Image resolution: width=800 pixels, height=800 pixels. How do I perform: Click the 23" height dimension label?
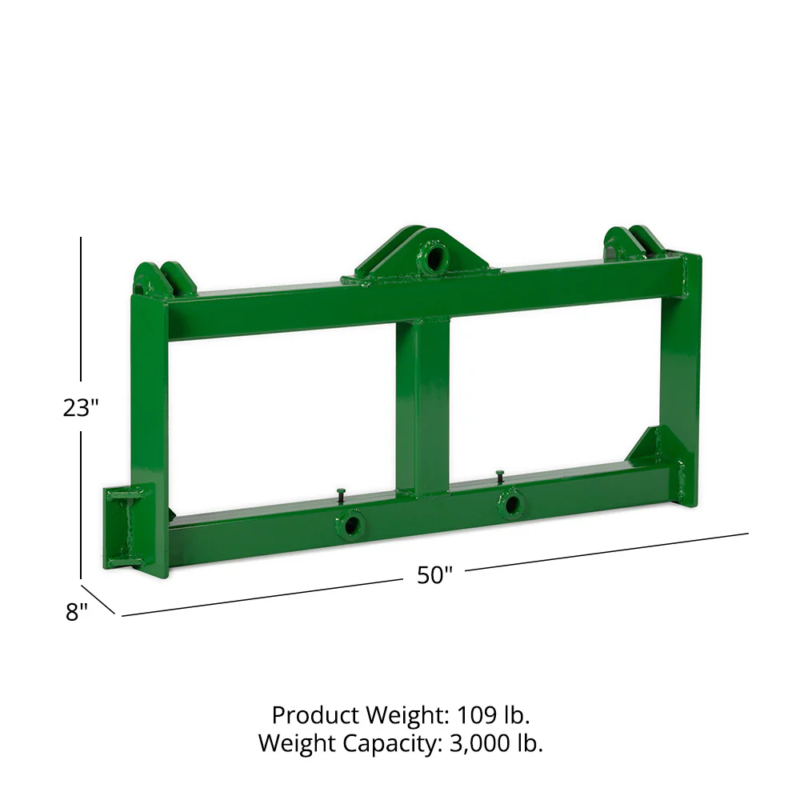click(80, 407)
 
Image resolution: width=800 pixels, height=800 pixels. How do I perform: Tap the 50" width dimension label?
click(434, 575)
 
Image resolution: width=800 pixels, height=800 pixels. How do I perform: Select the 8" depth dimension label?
click(76, 612)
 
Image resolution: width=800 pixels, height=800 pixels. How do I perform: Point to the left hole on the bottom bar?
click(350, 526)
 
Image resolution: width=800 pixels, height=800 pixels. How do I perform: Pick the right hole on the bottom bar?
click(510, 506)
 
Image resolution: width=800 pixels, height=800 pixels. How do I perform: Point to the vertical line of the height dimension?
click(81, 320)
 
